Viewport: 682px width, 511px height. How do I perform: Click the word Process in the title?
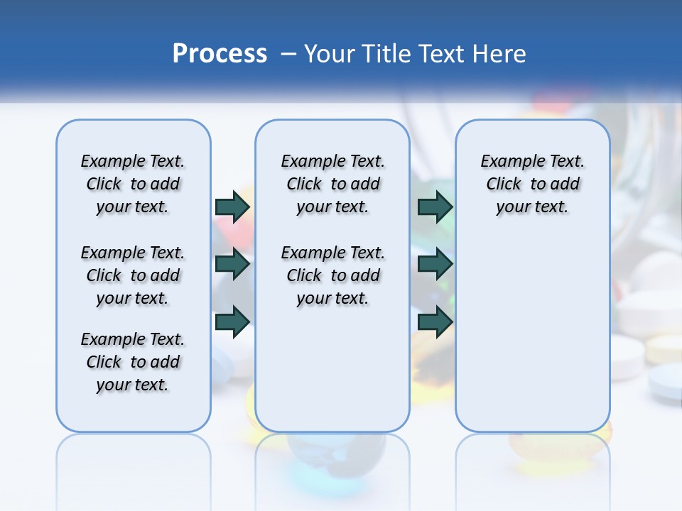click(x=220, y=53)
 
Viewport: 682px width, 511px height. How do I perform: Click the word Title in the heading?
click(x=387, y=54)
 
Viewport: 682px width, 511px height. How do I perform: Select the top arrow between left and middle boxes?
click(x=232, y=207)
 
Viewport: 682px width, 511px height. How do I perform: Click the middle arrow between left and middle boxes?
click(x=232, y=264)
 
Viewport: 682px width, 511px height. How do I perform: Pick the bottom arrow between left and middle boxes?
click(x=232, y=322)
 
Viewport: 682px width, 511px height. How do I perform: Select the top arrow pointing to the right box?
click(x=435, y=207)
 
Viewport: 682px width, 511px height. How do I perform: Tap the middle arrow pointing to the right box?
click(x=435, y=264)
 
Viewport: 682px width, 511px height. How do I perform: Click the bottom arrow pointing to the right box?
click(x=435, y=322)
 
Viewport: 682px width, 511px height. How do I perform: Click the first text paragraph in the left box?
click(x=133, y=184)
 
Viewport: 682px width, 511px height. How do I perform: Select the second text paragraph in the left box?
click(x=133, y=275)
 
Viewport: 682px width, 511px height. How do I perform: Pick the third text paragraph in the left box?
click(x=133, y=362)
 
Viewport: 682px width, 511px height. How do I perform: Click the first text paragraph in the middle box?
click(x=332, y=184)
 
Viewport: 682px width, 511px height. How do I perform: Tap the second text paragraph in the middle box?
click(x=332, y=275)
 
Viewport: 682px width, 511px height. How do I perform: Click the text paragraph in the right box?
click(x=532, y=184)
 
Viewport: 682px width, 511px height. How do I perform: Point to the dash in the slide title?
click(x=288, y=54)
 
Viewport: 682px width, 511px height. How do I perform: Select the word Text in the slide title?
click(x=443, y=54)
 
